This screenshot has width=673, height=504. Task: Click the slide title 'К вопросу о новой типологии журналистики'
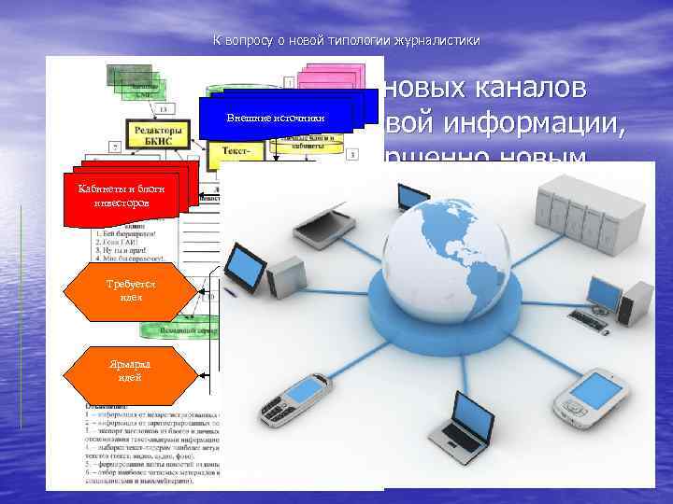pos(347,41)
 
